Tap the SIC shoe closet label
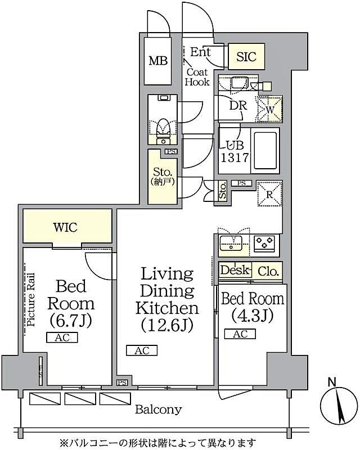246,56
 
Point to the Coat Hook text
197,77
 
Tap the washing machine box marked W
269,109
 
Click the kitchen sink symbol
231,244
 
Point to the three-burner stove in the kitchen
265,244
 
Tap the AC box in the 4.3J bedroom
240,334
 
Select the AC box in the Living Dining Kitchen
142,350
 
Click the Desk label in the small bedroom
235,271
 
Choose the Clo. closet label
268,271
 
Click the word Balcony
158,409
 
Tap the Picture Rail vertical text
31,300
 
